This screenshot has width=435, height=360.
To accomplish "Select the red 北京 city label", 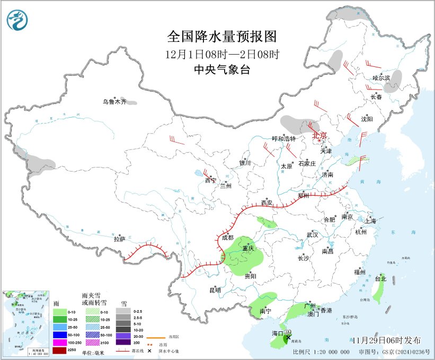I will pyautogui.click(x=320, y=135).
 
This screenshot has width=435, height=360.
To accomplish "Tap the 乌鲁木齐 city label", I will pyautogui.click(x=114, y=101).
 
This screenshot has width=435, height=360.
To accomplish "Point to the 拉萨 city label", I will pyautogui.click(x=119, y=239).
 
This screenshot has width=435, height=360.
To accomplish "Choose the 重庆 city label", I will pyautogui.click(x=248, y=248).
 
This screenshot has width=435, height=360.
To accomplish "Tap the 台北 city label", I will pyautogui.click(x=380, y=278).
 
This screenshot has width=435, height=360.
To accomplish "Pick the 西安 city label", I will pyautogui.click(x=267, y=203).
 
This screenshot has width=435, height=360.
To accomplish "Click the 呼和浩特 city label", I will pyautogui.click(x=283, y=138).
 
